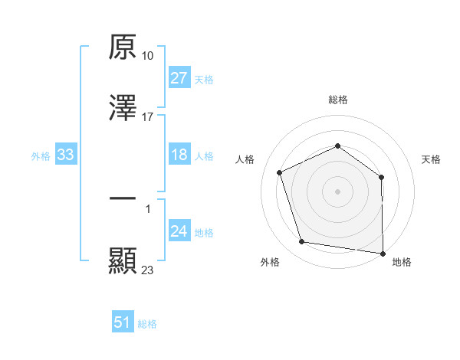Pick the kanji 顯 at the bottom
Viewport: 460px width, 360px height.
click(x=123, y=260)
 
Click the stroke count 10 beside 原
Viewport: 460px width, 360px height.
click(x=148, y=56)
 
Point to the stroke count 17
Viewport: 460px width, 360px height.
click(x=148, y=117)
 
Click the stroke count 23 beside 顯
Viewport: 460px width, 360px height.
click(x=148, y=270)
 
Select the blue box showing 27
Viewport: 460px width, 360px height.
click(x=179, y=78)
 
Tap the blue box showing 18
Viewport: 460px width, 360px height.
click(x=179, y=155)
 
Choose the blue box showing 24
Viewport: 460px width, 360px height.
click(x=179, y=231)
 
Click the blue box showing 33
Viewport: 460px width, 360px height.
click(x=66, y=155)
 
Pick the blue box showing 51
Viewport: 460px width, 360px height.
click(x=123, y=322)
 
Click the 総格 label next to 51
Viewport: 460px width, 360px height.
click(x=147, y=324)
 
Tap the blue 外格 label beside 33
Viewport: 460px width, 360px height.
click(x=41, y=155)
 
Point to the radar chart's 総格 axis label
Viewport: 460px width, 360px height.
click(x=338, y=100)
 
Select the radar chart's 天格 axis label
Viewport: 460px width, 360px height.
click(x=432, y=159)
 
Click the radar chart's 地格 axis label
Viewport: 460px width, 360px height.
click(x=402, y=263)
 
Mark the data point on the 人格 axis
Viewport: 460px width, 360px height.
click(x=281, y=172)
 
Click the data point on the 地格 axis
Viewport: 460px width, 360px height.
click(x=383, y=253)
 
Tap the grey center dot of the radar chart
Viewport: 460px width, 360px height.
click(x=338, y=191)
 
